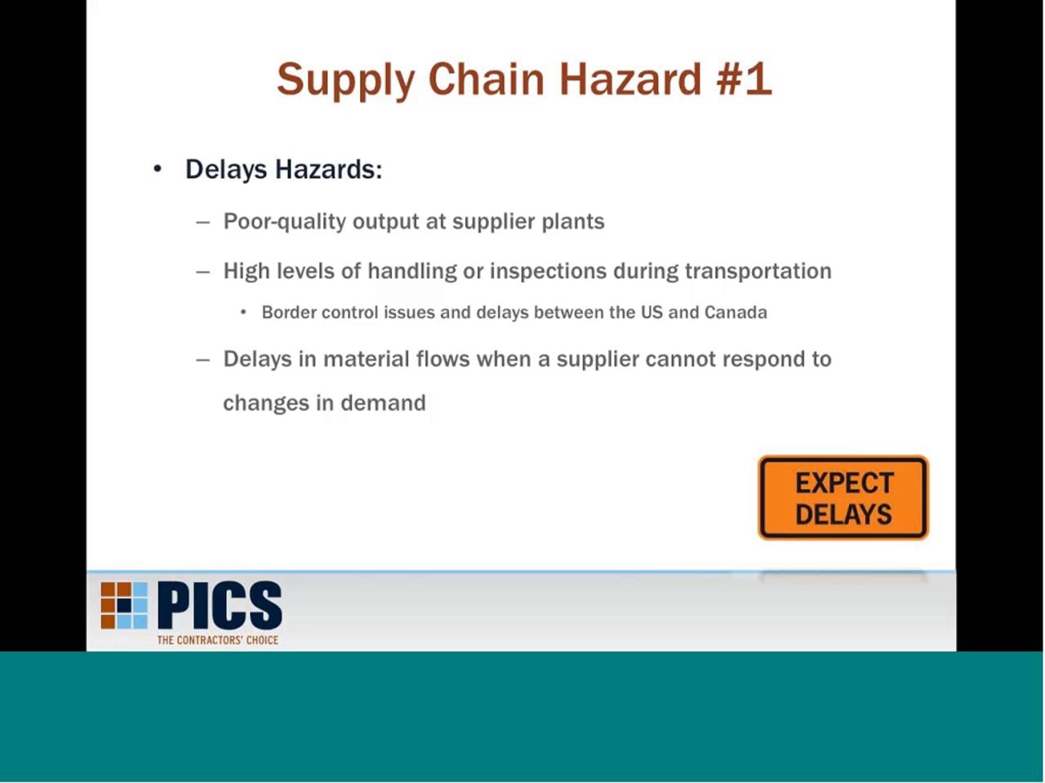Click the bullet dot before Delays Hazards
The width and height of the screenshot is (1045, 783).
tap(158, 169)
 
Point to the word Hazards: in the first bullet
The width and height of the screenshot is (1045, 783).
tap(328, 169)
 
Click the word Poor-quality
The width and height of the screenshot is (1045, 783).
tap(284, 222)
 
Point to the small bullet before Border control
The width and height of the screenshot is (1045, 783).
tap(243, 312)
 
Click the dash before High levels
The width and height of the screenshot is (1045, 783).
tap(203, 272)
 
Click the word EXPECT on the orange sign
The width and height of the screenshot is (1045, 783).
tap(844, 483)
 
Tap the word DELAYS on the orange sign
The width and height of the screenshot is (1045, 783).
tap(843, 515)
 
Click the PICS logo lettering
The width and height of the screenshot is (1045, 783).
tap(220, 606)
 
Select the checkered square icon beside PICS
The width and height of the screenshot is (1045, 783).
tap(124, 605)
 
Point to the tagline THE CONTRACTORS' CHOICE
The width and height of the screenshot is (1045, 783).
tap(218, 640)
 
